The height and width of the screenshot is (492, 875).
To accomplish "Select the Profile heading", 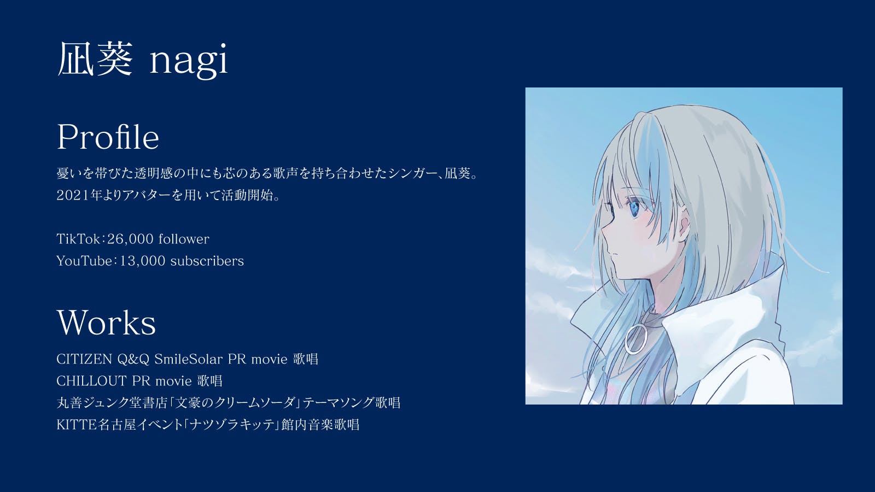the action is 108,137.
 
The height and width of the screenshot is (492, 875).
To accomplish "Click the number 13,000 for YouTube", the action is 143,261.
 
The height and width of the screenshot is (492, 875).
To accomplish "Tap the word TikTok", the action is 78,238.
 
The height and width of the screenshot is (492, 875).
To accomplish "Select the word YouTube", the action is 84,260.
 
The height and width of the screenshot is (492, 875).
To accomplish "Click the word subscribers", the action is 207,260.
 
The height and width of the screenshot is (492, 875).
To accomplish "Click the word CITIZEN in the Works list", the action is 84,359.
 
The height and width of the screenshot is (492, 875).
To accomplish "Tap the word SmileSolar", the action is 188,359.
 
